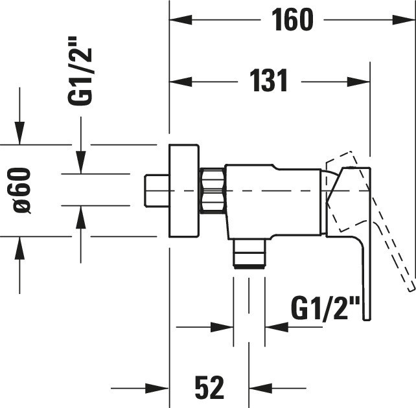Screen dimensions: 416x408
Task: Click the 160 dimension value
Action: [292, 19]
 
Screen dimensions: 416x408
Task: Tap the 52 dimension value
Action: [209, 387]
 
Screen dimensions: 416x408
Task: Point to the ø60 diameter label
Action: [22, 190]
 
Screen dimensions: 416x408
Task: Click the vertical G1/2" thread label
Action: [79, 71]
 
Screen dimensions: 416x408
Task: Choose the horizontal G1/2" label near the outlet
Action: [325, 309]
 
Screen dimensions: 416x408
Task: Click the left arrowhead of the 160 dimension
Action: [181, 19]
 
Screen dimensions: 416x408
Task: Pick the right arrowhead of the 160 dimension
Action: [404, 19]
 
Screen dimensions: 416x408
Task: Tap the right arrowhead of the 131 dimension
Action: [358, 82]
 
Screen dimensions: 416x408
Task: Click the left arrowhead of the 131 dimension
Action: [181, 82]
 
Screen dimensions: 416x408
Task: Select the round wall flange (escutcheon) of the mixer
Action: [184, 190]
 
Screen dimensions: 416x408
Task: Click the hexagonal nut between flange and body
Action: [213, 190]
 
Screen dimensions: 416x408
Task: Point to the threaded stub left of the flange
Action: [157, 190]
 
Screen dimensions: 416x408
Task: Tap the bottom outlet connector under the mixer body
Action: [249, 253]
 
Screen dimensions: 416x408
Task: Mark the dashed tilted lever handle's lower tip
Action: [411, 288]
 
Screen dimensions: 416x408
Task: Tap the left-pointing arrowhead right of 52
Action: [260, 389]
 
